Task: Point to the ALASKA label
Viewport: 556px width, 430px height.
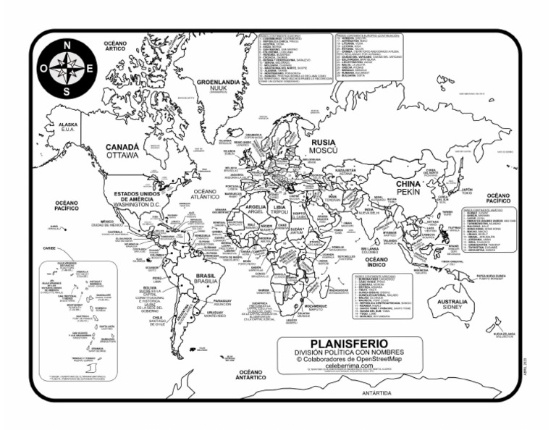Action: [x=68, y=125]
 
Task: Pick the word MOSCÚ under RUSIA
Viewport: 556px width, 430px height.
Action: [x=323, y=153]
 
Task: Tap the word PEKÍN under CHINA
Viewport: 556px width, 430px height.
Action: [x=408, y=194]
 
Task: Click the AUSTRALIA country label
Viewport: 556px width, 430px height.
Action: [x=452, y=301]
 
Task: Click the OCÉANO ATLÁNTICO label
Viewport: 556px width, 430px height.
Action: [x=205, y=193]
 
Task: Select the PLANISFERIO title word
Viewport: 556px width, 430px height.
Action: [x=348, y=342]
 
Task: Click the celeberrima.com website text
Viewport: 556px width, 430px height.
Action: [x=349, y=366]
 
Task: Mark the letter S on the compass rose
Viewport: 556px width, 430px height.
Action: [x=67, y=92]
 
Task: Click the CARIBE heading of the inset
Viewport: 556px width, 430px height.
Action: [x=49, y=248]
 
